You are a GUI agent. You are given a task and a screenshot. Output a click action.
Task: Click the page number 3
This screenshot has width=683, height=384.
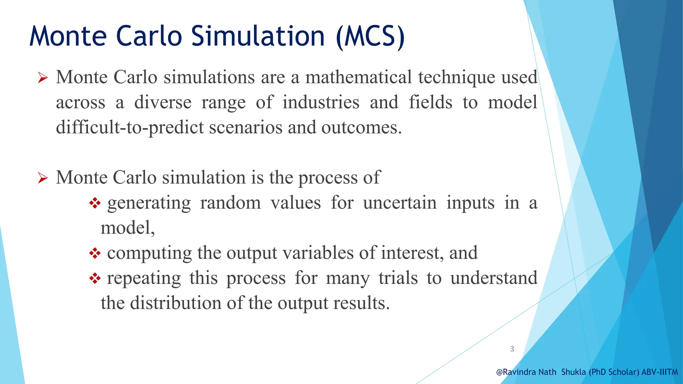[512, 349]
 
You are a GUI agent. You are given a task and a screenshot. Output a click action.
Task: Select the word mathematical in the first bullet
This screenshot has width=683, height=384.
[359, 77]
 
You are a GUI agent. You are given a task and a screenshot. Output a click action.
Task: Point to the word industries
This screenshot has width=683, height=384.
[321, 102]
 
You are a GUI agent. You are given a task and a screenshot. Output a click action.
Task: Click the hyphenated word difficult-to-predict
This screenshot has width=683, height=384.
[130, 128]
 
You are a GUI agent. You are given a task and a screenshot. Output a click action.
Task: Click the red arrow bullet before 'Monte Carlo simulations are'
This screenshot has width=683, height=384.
[43, 78]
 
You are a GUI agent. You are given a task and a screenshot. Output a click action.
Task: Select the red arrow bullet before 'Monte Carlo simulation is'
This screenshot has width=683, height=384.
[43, 178]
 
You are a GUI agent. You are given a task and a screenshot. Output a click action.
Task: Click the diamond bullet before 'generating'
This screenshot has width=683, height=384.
[95, 203]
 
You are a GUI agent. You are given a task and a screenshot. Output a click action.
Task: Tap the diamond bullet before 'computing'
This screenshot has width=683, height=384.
[95, 253]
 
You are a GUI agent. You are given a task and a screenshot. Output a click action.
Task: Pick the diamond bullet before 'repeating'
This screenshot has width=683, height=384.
[95, 278]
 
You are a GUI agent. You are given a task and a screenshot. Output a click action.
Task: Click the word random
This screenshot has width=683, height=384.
[230, 203]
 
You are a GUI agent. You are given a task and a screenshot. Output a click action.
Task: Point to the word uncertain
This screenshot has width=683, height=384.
[400, 203]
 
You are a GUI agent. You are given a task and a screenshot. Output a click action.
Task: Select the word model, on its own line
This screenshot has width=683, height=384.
[128, 228]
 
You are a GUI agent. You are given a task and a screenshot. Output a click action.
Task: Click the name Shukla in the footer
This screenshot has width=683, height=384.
[573, 372]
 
